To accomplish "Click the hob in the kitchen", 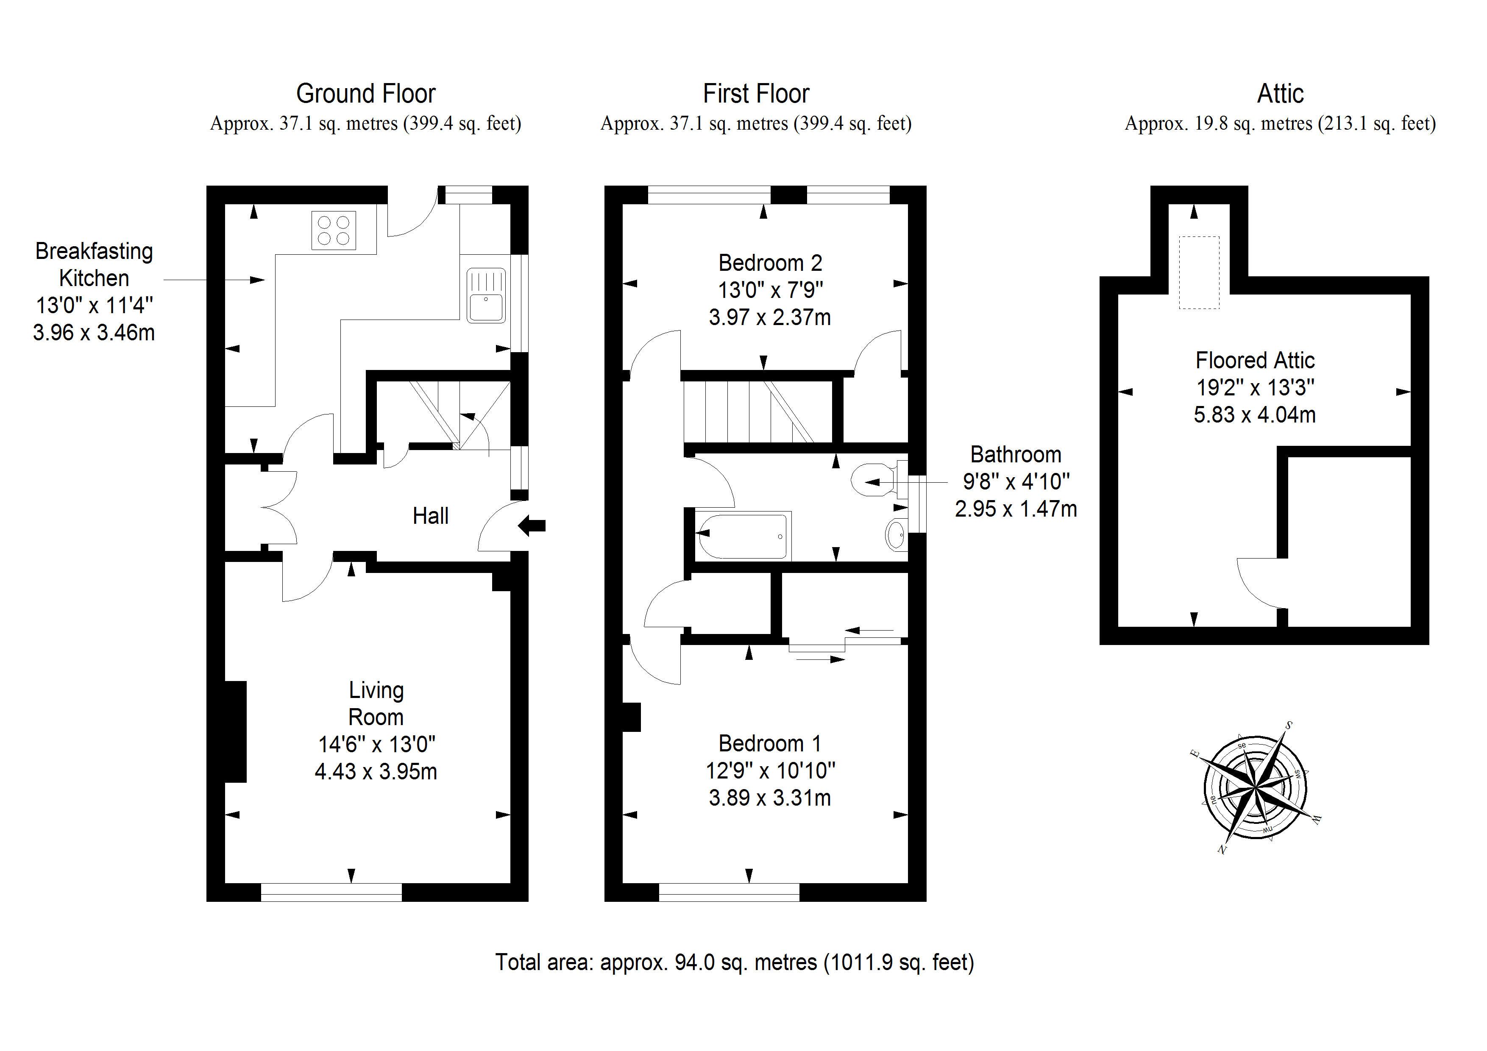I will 334,231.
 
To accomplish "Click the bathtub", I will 743,536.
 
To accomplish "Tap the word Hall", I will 430,516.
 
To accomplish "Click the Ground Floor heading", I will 365,94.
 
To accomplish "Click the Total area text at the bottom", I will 735,962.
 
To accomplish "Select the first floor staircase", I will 758,411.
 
